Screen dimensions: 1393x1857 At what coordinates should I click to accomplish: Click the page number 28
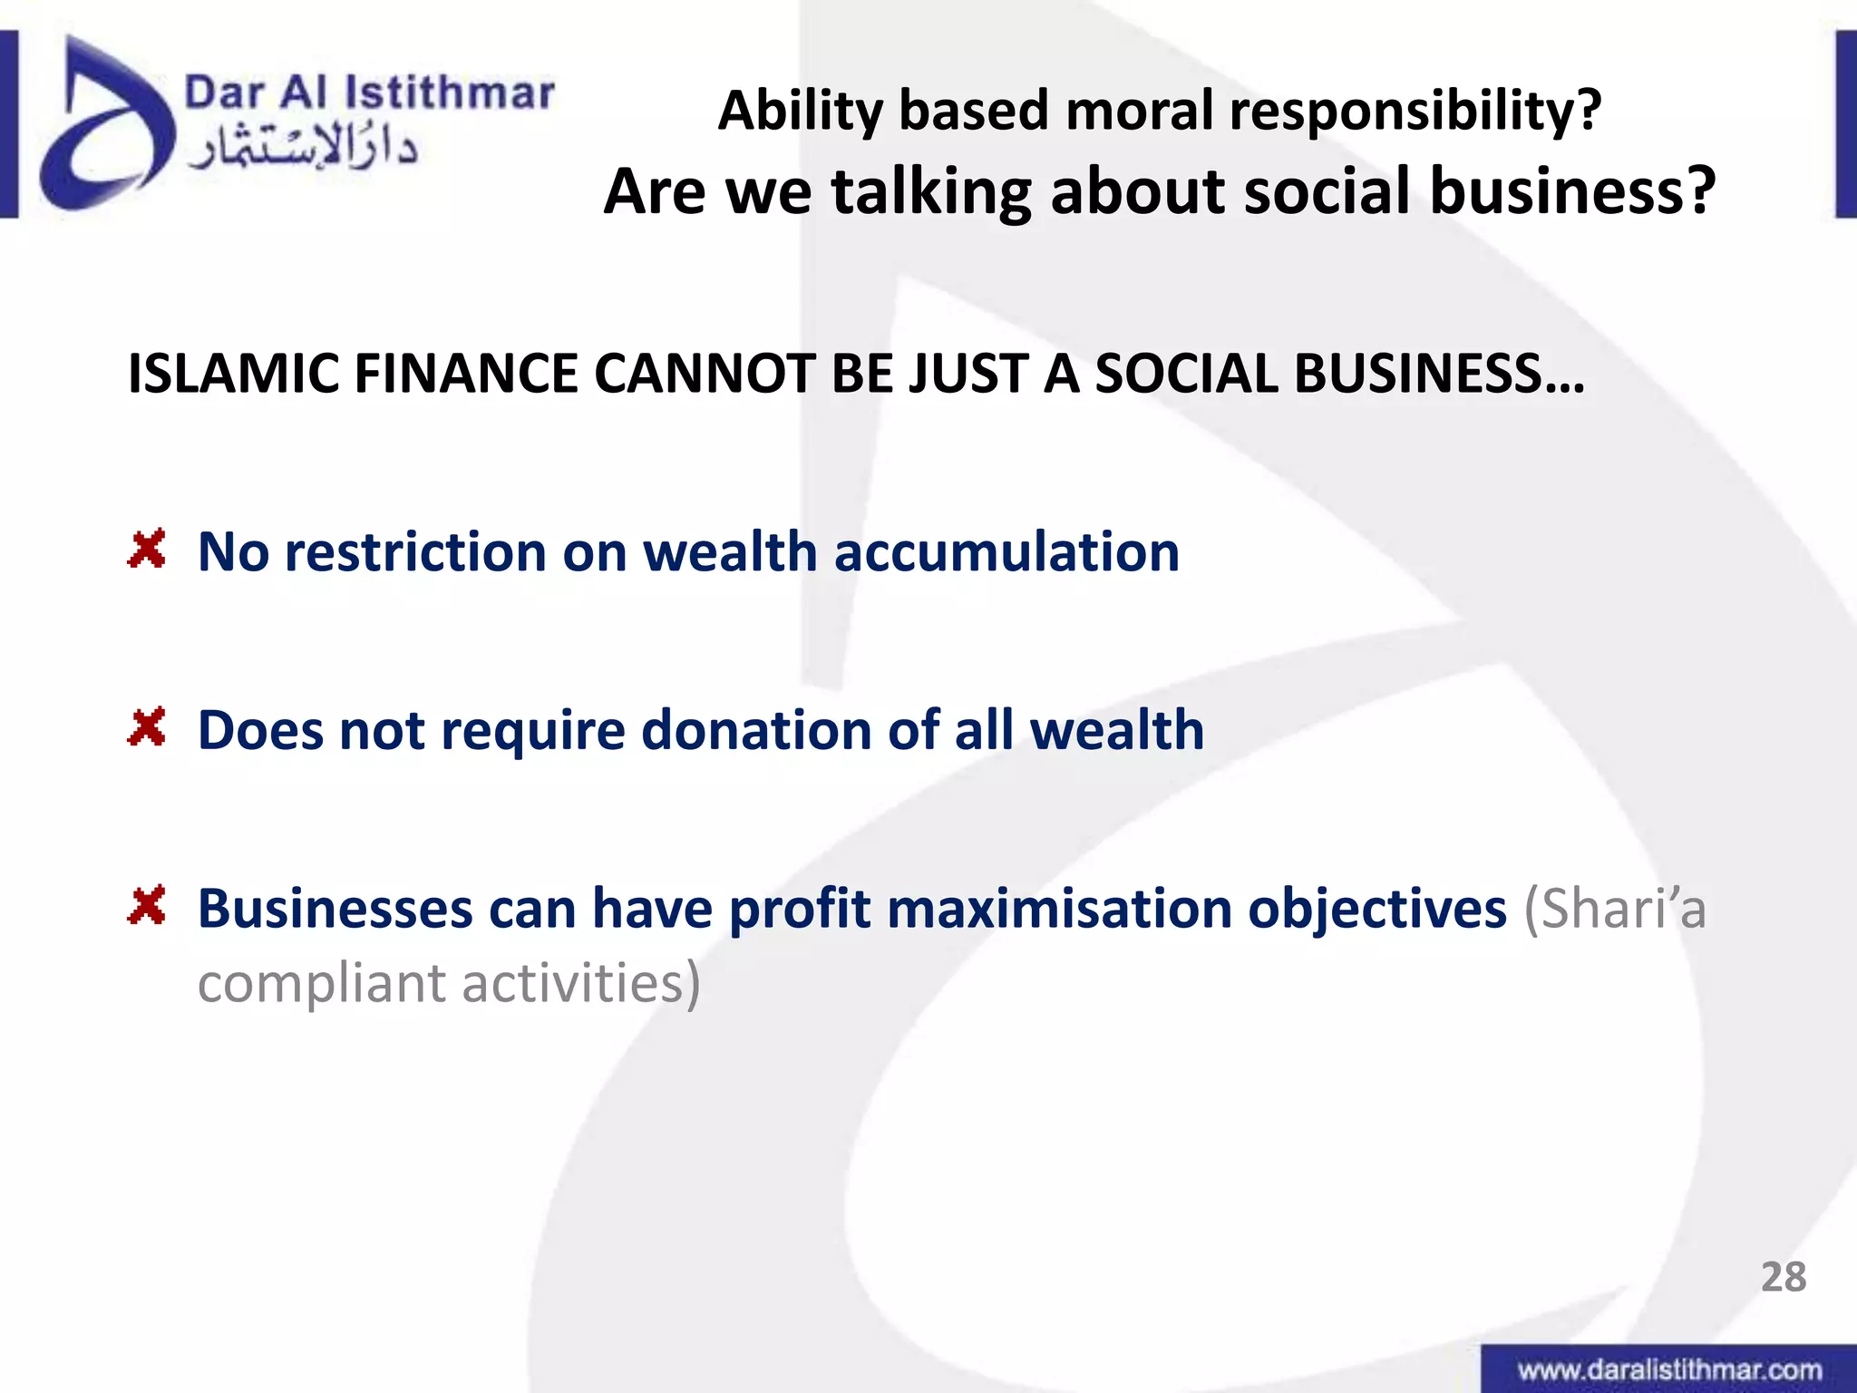tap(1783, 1277)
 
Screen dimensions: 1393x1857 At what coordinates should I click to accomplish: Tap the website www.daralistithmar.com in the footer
tap(1669, 1369)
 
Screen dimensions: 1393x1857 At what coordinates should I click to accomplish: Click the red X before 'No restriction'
tap(147, 550)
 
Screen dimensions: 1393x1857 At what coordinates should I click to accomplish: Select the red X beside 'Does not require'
tap(147, 727)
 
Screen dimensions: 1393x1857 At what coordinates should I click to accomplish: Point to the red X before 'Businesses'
tap(147, 905)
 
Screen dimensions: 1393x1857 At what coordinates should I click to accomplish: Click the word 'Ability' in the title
tap(800, 111)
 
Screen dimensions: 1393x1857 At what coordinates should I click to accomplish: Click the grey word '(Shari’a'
tap(1615, 908)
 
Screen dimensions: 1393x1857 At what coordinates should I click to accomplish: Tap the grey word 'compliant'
tap(321, 984)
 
